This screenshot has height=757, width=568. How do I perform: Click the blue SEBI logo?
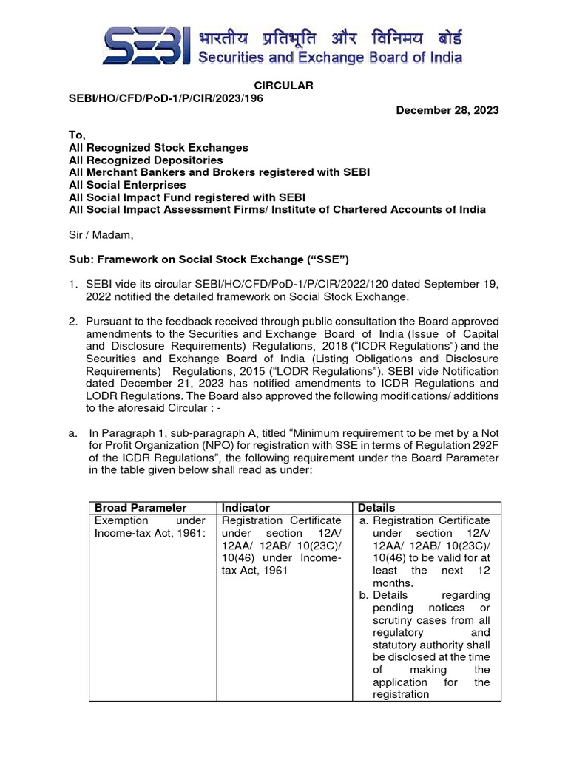point(146,45)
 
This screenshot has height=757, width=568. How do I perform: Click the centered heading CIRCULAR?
point(284,86)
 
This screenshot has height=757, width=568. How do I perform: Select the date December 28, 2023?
point(447,110)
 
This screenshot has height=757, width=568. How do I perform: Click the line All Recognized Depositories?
point(146,160)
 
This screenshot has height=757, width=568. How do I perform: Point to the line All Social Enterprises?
point(127,185)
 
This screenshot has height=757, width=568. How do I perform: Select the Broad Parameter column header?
point(141,508)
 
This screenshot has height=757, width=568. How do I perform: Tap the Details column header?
point(376,508)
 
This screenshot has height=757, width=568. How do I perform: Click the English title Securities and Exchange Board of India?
point(330,57)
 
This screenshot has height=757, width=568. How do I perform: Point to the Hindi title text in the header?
point(330,34)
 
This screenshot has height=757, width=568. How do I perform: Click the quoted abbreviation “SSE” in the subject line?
point(334,259)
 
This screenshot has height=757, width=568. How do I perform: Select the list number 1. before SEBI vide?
point(73,285)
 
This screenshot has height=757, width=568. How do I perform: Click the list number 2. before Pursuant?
point(73,322)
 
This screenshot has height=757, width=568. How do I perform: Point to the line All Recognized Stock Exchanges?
point(158,147)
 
